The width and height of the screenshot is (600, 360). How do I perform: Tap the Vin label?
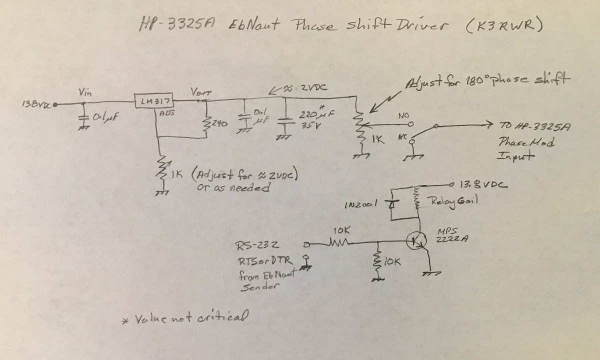(x=84, y=92)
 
